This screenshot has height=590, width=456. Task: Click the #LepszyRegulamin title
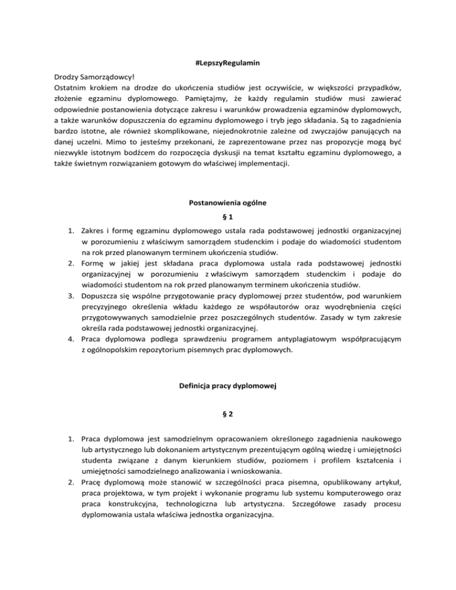(x=228, y=63)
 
